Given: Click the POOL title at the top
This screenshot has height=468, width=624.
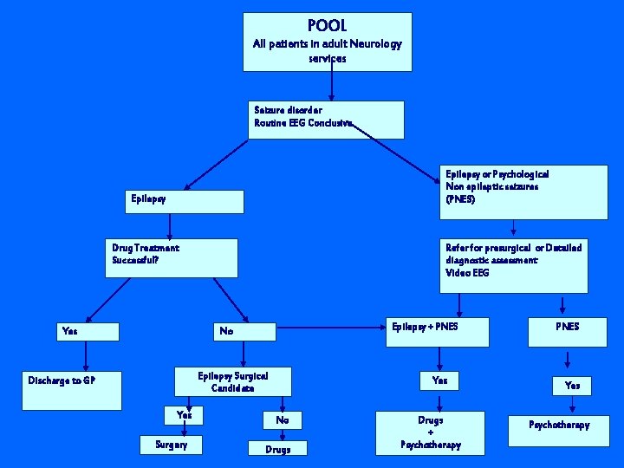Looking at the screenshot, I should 327,27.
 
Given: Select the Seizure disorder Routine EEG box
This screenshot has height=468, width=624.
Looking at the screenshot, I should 328,120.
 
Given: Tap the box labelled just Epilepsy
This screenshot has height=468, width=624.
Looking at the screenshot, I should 185,201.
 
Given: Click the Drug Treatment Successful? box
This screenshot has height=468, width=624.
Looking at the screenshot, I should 174,257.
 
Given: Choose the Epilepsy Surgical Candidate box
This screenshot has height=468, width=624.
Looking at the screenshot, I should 232,382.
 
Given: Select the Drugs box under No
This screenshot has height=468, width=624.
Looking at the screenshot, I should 278,449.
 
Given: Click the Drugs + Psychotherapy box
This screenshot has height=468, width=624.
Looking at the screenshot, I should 431,432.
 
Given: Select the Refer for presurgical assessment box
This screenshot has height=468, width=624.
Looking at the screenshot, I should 514,265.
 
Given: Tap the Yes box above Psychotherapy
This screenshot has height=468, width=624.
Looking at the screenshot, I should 572,386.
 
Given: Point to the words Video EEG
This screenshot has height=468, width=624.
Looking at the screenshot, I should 467,273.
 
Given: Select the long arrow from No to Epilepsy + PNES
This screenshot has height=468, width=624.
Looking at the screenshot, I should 326,328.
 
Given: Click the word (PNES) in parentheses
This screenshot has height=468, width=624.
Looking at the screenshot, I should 460,199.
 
